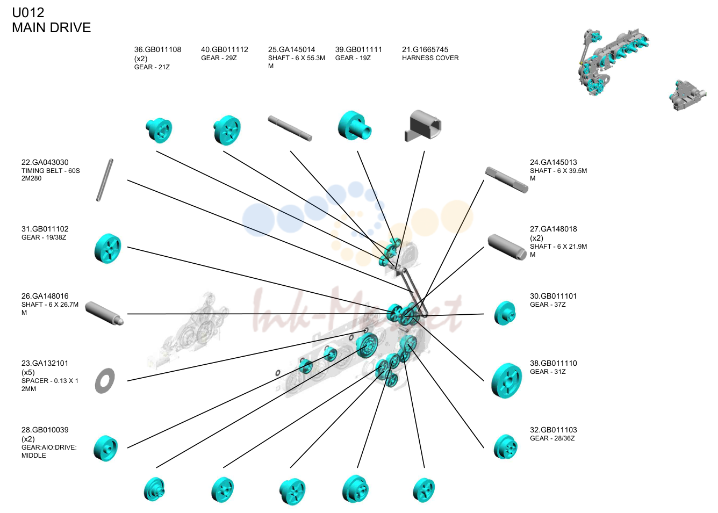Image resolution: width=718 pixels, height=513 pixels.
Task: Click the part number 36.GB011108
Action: point(157,49)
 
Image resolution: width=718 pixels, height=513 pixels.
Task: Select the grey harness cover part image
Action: point(423,126)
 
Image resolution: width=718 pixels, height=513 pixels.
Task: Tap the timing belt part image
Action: point(105,180)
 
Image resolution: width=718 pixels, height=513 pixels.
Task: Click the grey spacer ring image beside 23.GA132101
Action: point(105,381)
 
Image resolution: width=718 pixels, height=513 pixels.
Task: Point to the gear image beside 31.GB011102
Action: point(107,248)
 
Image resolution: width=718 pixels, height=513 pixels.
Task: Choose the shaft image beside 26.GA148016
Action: point(104,313)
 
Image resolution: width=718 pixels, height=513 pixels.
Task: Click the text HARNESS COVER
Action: point(430,58)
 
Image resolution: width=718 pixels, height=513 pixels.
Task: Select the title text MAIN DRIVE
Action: point(51,28)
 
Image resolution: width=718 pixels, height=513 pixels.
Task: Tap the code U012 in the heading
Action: point(28,13)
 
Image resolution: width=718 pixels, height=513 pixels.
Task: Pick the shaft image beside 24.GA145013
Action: point(506,180)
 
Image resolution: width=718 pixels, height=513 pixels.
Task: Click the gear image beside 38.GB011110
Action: point(506,381)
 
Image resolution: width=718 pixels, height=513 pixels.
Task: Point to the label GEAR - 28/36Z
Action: point(552,438)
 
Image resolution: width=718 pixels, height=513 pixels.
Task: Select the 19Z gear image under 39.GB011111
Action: point(355,126)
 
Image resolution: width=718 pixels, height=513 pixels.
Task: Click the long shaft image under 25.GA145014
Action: point(290,128)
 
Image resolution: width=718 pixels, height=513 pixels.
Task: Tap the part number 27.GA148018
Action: point(553,229)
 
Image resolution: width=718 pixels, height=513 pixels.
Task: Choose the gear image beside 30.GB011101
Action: point(505,313)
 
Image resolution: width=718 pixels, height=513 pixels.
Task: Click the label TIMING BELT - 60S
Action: point(51,171)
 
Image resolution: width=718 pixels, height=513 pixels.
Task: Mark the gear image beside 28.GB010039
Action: point(106,449)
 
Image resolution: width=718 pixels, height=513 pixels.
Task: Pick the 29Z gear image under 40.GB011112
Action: point(227,130)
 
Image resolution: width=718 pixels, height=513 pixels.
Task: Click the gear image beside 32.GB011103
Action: point(506,447)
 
